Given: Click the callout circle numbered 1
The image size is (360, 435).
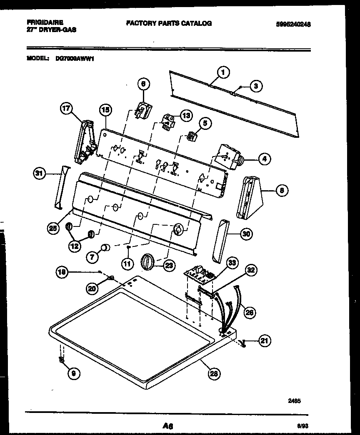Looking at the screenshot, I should click(x=223, y=73).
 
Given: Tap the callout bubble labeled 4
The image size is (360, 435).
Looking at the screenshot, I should click(x=264, y=158).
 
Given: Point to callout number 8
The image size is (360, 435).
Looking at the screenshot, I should click(x=282, y=191).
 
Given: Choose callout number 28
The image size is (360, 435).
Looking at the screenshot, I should click(x=214, y=373).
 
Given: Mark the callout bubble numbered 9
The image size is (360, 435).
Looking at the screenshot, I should click(x=73, y=373).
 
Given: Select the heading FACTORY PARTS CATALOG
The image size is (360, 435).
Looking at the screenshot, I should click(x=169, y=23).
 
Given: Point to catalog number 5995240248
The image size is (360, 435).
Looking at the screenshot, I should click(x=293, y=25).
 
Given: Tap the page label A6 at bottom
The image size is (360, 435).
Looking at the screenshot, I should click(x=168, y=426).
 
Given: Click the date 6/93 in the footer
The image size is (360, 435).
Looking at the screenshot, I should click(x=302, y=426).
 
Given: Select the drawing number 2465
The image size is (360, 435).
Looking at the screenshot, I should click(x=294, y=401).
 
